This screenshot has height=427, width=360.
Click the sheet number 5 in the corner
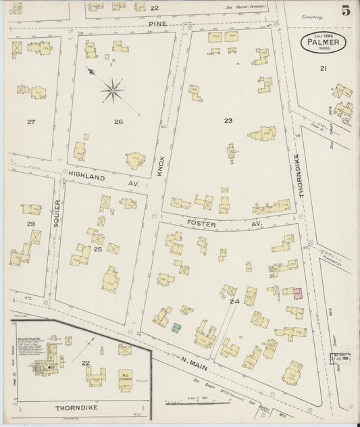pos(345,11)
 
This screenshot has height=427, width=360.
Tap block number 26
pos(118,122)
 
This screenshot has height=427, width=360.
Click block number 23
pos(228,121)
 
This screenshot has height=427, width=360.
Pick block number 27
pos(30,122)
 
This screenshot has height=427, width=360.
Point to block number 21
pos(324,68)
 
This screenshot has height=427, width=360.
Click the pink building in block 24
pos(297,293)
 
